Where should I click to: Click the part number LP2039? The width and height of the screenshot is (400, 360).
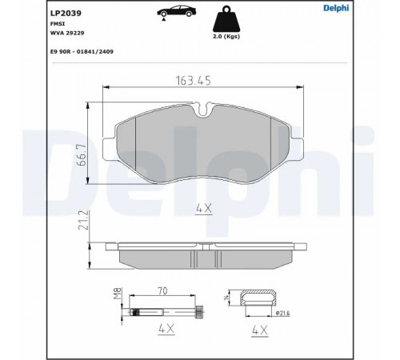[66, 14]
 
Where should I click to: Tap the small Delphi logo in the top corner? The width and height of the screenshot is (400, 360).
[336, 8]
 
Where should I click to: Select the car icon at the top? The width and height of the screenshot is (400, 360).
[176, 11]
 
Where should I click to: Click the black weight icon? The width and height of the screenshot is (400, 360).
[226, 19]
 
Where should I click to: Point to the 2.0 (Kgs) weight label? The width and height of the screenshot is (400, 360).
[226, 37]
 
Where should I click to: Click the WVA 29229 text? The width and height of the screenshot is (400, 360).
[67, 33]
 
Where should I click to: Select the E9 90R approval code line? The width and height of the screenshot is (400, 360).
[82, 51]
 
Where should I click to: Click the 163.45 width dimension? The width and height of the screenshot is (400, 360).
[194, 81]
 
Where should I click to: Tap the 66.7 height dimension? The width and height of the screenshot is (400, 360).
[82, 154]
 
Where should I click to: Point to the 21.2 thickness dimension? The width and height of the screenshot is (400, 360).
[82, 220]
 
